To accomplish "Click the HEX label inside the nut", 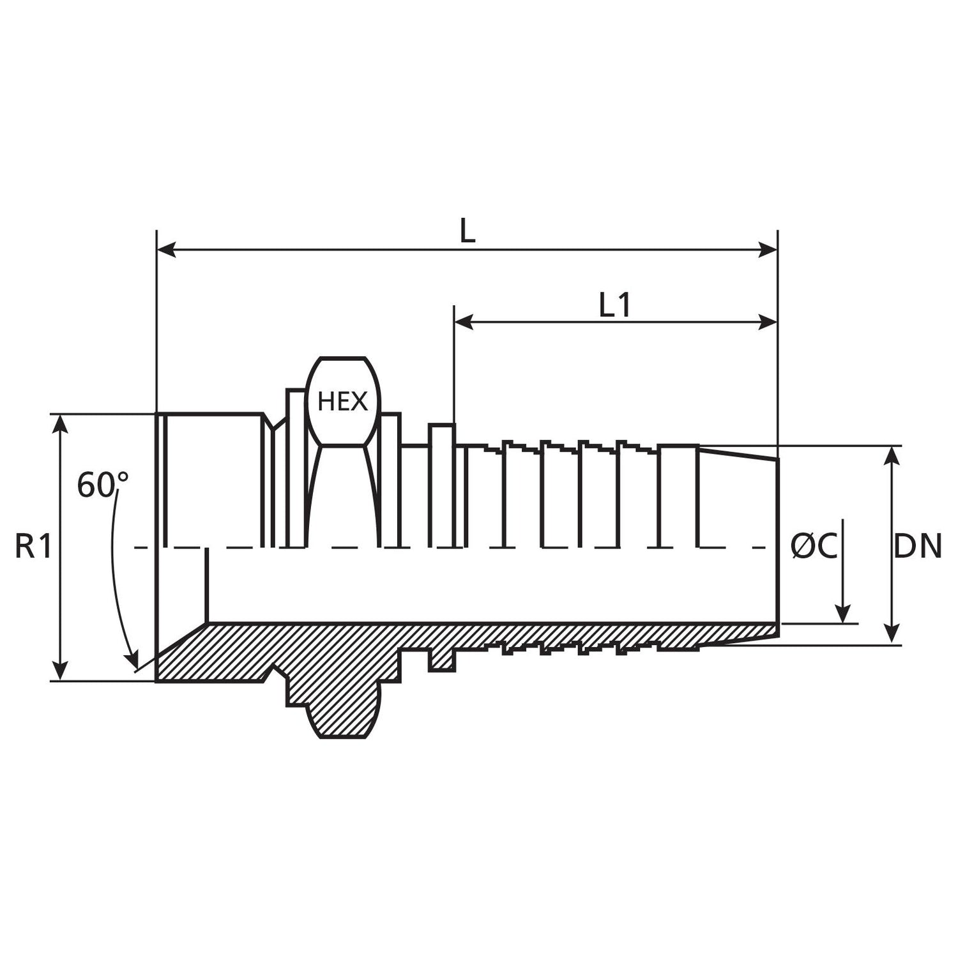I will [x=343, y=402].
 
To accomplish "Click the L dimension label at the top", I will [x=468, y=232].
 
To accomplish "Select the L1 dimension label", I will [x=615, y=305].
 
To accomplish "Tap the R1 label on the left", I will [x=33, y=547].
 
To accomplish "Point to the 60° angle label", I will [x=103, y=485].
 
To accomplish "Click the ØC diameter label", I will [x=813, y=547].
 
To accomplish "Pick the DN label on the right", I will [x=917, y=547].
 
